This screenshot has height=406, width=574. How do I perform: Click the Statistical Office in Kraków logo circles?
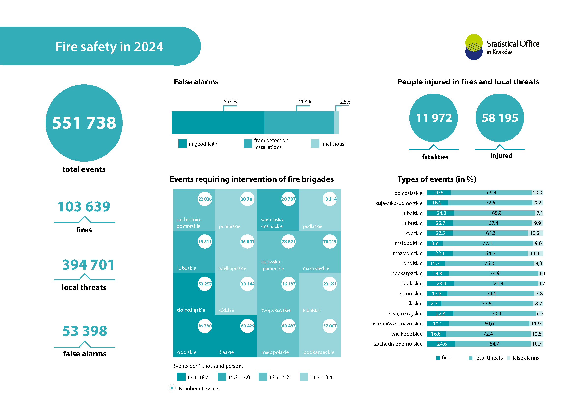(x=474, y=47)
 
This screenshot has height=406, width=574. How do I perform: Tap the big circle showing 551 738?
(x=84, y=123)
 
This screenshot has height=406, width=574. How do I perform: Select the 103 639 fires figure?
(x=84, y=206)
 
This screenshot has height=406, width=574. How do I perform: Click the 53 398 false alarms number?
(x=85, y=331)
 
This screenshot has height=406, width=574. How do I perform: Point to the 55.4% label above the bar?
(x=230, y=102)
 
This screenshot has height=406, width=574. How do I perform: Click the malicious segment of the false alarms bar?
(x=337, y=122)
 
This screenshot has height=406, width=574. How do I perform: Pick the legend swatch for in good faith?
(x=183, y=144)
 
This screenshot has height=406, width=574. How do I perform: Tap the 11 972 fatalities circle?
(x=433, y=118)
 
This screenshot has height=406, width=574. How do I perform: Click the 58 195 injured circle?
(x=500, y=118)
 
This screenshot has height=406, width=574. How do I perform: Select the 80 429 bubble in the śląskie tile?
(x=247, y=326)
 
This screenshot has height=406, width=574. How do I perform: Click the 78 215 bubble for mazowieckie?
(x=330, y=241)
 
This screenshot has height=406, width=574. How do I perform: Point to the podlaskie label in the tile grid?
(x=312, y=226)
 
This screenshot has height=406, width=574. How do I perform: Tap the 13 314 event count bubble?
(x=330, y=199)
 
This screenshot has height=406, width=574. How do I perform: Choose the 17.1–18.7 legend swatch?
(x=181, y=377)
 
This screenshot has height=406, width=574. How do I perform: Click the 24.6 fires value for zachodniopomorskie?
(x=441, y=344)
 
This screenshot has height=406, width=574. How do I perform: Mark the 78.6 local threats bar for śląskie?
(x=486, y=303)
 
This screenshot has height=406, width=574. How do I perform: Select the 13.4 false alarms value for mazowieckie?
(x=535, y=253)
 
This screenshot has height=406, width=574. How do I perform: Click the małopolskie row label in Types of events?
(x=409, y=243)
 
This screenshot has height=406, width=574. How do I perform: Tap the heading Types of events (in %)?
(x=437, y=179)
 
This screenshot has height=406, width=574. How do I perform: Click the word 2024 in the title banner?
(x=148, y=47)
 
